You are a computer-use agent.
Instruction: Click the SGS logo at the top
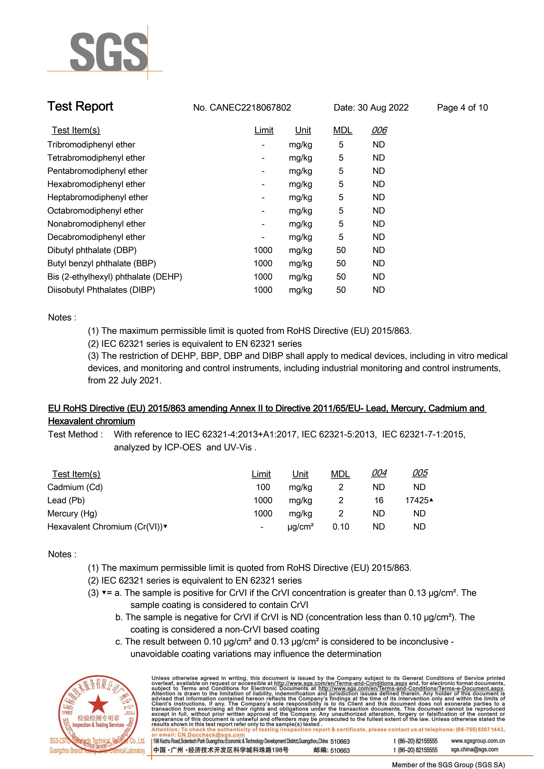[x=109, y=52]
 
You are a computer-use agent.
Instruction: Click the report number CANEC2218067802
[x=250, y=108]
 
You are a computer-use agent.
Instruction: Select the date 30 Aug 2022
[x=383, y=108]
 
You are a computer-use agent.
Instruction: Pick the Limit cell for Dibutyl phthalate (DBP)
[x=263, y=250]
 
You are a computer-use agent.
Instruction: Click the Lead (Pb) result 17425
[x=417, y=500]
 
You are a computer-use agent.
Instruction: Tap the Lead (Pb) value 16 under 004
[x=379, y=500]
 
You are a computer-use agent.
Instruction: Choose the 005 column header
[x=420, y=473]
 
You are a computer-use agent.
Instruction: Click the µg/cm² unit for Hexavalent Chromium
[x=300, y=527]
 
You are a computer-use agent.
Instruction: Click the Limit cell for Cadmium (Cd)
[x=263, y=487]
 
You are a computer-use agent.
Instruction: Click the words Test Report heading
[x=80, y=106]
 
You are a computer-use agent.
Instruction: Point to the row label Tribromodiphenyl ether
[x=91, y=145]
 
